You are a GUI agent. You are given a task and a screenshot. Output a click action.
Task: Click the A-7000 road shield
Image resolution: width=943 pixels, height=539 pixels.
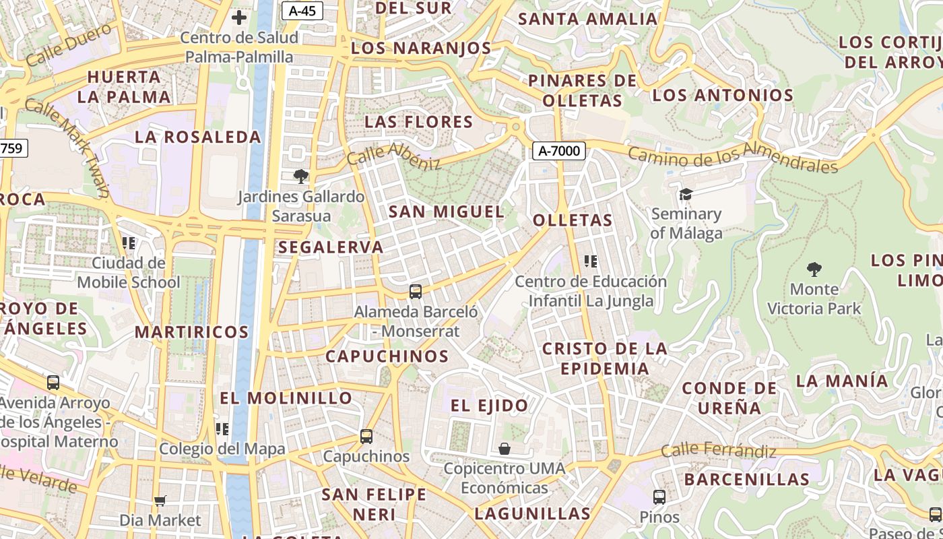click(558, 151)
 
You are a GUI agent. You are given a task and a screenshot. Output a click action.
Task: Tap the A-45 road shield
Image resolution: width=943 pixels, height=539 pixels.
click(302, 10)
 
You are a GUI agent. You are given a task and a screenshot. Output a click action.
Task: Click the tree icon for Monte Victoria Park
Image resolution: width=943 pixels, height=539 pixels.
click(814, 269)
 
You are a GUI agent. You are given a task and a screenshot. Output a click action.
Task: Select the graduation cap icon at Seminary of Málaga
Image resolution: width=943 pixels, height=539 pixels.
click(686, 194)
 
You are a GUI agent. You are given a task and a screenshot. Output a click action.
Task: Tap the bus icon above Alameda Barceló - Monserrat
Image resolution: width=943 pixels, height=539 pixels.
click(416, 292)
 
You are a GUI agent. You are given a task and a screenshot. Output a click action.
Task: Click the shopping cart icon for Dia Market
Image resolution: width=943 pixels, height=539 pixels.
click(160, 501)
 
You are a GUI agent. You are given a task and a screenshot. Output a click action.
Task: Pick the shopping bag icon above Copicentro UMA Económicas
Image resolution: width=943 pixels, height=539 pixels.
click(504, 449)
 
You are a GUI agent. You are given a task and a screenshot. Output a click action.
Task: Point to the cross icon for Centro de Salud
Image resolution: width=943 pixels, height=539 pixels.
click(238, 18)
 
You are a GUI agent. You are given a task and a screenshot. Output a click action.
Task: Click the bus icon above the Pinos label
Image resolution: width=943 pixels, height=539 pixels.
click(659, 497)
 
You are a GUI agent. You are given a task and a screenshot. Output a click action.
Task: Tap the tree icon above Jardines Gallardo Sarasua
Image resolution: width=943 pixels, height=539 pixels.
click(300, 177)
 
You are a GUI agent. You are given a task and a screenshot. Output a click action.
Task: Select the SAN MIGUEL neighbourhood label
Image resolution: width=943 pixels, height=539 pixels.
click(446, 212)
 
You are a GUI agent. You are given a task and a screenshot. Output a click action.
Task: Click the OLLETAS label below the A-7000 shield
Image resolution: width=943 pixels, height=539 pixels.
click(573, 220)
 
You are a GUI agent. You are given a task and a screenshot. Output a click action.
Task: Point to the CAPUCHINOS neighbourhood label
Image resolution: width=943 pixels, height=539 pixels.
click(387, 356)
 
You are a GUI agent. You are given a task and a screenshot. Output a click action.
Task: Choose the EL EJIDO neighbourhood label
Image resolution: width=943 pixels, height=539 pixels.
click(489, 406)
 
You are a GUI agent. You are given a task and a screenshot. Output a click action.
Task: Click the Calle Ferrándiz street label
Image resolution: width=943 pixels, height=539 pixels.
click(718, 450)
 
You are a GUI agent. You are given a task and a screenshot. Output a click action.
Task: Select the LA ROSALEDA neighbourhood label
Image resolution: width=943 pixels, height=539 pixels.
click(197, 137)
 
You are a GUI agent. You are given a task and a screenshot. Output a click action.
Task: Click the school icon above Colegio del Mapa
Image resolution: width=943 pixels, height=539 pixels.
click(222, 429)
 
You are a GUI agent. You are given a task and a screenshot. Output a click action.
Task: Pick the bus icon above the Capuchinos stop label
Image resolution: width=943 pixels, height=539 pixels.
click(366, 437)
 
